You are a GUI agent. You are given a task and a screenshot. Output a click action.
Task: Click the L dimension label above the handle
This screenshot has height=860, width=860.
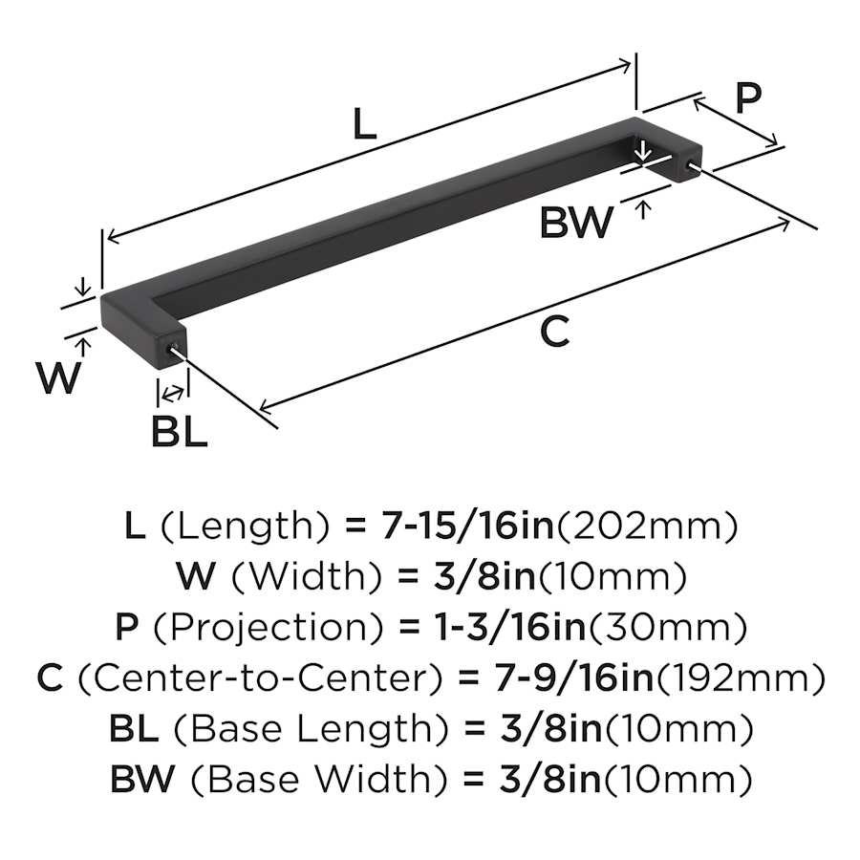[365, 124]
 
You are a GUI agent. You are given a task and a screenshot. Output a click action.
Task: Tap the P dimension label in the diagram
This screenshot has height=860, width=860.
[748, 97]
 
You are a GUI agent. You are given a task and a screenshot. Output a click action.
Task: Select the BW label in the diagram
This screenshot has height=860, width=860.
[576, 222]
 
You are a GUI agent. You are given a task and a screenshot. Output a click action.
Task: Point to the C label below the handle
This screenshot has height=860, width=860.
[554, 332]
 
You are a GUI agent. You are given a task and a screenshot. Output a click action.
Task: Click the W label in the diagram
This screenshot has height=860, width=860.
[58, 377]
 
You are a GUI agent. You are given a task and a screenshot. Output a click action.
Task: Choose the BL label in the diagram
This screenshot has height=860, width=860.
[180, 432]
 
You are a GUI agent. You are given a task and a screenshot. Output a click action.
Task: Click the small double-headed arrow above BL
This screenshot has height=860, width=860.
[173, 393]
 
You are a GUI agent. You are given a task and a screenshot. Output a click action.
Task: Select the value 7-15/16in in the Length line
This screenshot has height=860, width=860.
[467, 525]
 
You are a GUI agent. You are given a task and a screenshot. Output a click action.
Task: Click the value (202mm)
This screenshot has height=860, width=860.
[647, 526]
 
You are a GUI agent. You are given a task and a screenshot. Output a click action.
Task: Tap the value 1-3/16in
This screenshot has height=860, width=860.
[510, 627]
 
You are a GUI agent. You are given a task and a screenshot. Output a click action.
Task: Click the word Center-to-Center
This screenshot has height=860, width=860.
[260, 677]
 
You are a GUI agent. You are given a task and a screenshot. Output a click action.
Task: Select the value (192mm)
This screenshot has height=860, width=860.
[741, 677]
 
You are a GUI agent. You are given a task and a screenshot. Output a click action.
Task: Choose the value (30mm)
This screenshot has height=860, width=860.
[668, 628]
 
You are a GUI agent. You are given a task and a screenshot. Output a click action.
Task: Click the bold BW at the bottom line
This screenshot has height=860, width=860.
[142, 779]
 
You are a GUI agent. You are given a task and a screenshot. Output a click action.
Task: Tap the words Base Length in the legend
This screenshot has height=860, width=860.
[312, 729]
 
